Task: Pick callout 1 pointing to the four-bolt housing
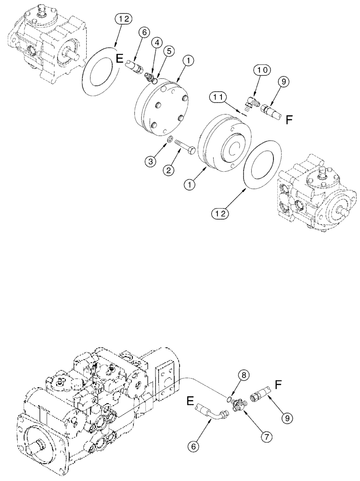[x=189, y=61]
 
